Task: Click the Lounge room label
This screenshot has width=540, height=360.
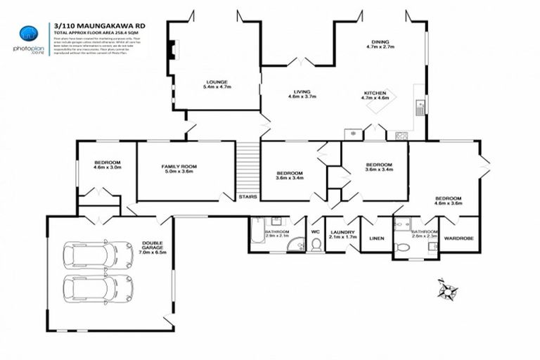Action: (216, 84)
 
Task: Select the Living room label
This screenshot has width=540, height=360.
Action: (302, 94)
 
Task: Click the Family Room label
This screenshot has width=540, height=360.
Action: (179, 169)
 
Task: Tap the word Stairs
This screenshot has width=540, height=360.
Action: (247, 197)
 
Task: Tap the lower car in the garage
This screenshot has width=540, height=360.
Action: (98, 288)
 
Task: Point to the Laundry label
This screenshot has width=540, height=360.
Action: (343, 235)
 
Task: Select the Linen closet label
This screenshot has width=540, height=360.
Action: (377, 238)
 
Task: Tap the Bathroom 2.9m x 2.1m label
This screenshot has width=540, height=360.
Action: (276, 234)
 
